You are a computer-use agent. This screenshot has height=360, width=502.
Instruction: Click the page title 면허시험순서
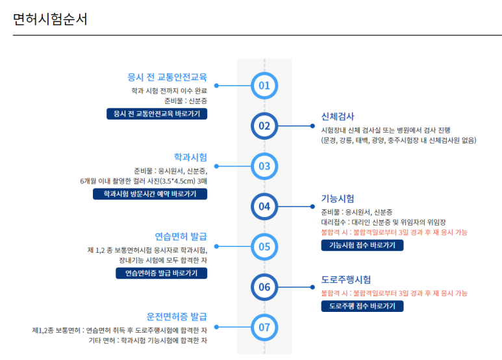pyautogui.click(x=50, y=19)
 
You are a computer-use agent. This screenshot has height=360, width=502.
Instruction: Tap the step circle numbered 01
pyautogui.click(x=264, y=85)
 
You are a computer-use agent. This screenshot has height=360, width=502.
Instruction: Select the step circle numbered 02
pyautogui.click(x=264, y=125)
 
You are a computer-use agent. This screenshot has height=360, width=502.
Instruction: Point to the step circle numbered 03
pyautogui.click(x=264, y=166)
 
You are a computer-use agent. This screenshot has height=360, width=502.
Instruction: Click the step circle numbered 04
pyautogui.click(x=264, y=207)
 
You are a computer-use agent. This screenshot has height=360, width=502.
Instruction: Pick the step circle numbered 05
pyautogui.click(x=264, y=246)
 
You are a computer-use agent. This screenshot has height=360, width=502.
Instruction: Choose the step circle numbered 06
pyautogui.click(x=264, y=287)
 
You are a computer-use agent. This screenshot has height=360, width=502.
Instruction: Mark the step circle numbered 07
pyautogui.click(x=264, y=327)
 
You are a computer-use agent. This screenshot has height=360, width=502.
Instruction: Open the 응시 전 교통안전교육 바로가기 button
pyautogui.click(x=157, y=114)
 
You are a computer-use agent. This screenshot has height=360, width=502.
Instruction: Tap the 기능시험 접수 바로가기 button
pyautogui.click(x=362, y=245)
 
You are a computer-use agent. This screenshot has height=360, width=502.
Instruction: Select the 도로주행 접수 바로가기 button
pyautogui.click(x=362, y=305)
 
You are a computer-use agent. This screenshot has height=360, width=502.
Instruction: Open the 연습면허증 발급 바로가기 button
pyautogui.click(x=157, y=273)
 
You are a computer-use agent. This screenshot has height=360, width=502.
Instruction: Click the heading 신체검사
pyautogui.click(x=338, y=116)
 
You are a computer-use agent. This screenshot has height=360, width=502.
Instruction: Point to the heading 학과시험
pyautogui.click(x=190, y=157)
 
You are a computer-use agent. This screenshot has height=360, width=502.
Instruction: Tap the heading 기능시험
pyautogui.click(x=338, y=198)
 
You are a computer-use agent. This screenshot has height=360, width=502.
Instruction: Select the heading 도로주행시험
pyautogui.click(x=346, y=279)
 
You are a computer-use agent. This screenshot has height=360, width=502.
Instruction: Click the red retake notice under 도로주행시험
pyautogui.click(x=394, y=293)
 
